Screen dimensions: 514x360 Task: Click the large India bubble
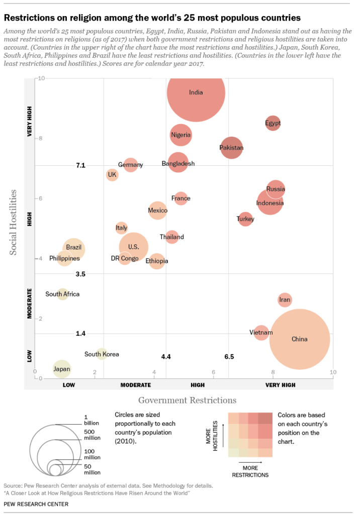(x=196, y=93)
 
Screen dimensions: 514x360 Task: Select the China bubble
(x=300, y=339)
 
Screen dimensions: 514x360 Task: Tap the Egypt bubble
(x=273, y=123)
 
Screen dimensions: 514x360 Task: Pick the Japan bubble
(x=61, y=369)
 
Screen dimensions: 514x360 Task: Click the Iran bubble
(x=285, y=300)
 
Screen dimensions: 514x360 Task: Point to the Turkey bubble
(x=245, y=219)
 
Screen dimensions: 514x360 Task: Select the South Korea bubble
(x=102, y=354)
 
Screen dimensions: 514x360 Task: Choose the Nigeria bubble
(x=181, y=135)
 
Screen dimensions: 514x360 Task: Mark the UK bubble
(x=112, y=175)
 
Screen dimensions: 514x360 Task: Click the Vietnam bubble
(x=261, y=333)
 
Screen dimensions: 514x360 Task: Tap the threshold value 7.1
(x=80, y=165)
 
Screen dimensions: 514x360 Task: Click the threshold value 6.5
(x=229, y=356)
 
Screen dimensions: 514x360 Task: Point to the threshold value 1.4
(x=80, y=334)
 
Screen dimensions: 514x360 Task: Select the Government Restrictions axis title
(x=187, y=400)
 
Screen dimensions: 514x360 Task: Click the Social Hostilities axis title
(x=14, y=222)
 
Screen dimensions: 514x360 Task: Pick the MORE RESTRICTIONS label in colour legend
(x=250, y=471)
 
